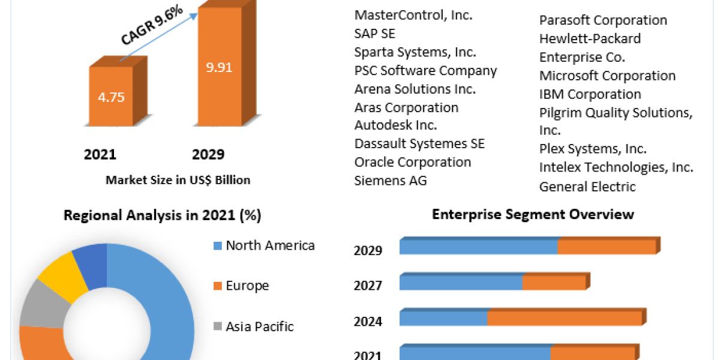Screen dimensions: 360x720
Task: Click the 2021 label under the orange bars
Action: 100,155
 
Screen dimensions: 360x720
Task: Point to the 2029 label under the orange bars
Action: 208,155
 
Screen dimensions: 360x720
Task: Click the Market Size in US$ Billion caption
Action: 178,179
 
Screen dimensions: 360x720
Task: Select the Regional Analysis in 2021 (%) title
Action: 162,215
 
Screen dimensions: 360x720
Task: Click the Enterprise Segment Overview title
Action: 533,214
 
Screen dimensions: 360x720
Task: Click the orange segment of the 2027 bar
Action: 554,283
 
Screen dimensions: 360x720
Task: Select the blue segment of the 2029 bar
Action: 478,247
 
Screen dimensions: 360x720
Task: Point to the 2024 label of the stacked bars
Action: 368,322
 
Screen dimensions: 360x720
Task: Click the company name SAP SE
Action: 374,34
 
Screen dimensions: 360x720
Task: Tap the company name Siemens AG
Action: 391,180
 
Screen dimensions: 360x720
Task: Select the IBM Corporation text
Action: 590,94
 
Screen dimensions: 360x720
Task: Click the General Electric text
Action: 587,187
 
